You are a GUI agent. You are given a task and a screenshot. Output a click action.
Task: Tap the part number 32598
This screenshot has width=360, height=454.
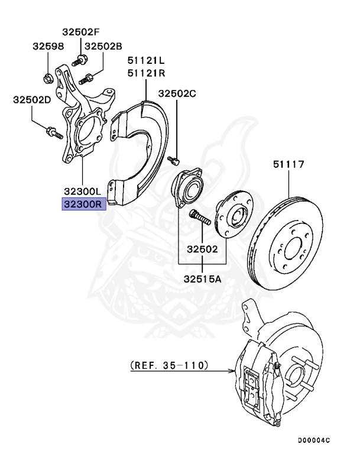click(47, 46)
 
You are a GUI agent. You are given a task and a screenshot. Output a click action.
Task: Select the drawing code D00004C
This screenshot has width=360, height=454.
click(314, 440)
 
